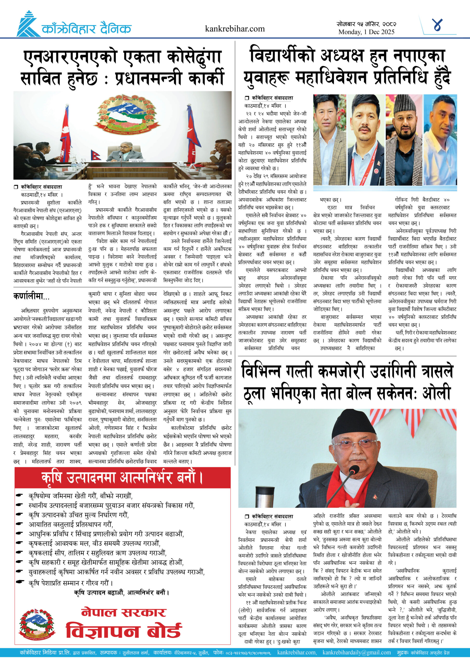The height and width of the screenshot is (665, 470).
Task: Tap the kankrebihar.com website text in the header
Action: (x=234, y=29)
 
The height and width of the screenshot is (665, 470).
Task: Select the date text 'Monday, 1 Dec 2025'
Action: (x=366, y=32)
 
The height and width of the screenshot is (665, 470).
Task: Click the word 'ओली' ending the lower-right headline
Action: (x=436, y=393)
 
